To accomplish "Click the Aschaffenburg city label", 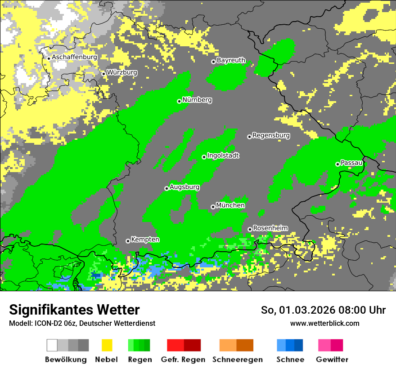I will coord(74,57).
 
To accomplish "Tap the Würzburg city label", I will coord(122,72).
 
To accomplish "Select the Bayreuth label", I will coord(231,60).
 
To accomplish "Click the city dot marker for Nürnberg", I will coord(179,101).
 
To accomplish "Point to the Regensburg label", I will coord(271,135).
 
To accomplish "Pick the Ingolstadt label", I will coord(223,155).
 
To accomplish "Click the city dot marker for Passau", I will coord(337,164).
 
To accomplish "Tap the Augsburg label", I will coord(184,187).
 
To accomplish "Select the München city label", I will coord(230,205).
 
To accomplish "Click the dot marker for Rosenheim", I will coord(250,229).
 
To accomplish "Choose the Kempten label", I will coord(145,240).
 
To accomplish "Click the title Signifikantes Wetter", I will coord(74,310).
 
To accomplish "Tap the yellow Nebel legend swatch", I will coord(107,345).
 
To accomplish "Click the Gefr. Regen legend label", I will coord(183,360).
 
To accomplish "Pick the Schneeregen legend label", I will coord(238,360).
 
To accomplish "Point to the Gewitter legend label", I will coord(332,360).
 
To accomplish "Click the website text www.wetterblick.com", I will coord(324,323).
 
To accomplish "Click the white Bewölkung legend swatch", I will coord(52,345).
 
